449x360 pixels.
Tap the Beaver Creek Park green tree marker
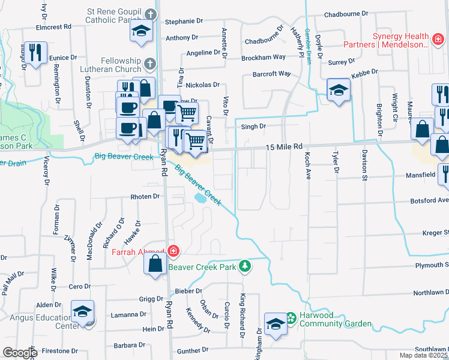tap(244, 265)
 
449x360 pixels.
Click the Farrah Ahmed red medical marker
tap(173, 251)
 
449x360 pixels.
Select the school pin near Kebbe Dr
tap(339, 91)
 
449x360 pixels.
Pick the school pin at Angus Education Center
tap(83, 311)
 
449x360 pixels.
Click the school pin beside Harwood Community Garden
tap(276, 324)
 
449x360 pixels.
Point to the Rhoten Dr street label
tap(145, 196)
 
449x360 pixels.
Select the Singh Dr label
tap(253, 127)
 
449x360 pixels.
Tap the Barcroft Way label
tap(271, 74)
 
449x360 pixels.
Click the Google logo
tap(20, 353)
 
